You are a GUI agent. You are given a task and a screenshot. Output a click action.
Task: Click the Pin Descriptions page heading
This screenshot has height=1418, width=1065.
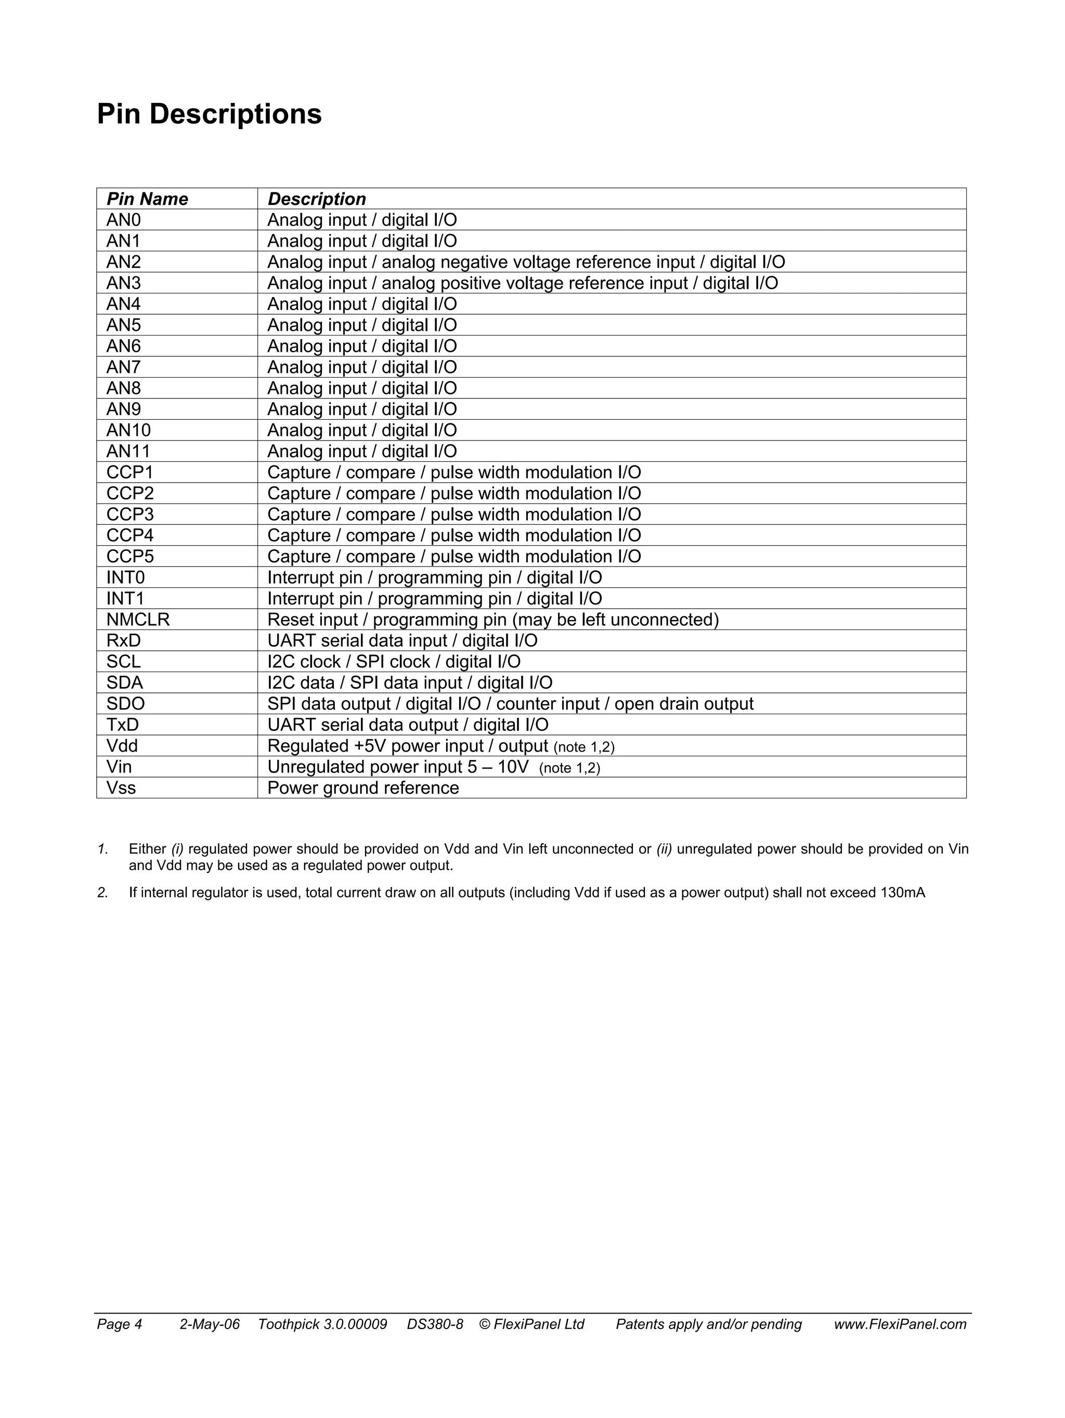tap(209, 114)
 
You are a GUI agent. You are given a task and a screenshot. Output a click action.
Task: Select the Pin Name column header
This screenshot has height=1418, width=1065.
tap(147, 199)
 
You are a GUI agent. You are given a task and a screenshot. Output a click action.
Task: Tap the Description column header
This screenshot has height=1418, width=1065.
tap(317, 199)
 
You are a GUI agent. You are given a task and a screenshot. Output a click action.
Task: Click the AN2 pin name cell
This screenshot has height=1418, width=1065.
tap(124, 262)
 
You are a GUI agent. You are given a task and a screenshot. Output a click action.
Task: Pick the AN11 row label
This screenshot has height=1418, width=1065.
tap(128, 452)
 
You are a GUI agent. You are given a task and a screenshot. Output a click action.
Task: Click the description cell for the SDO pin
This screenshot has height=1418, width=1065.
tap(510, 704)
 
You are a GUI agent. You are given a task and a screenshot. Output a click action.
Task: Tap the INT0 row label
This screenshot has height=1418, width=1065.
tap(126, 577)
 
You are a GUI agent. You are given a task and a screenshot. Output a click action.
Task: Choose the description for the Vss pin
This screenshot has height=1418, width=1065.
tap(362, 788)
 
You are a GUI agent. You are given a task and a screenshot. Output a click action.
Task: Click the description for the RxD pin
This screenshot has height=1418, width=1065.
tap(402, 640)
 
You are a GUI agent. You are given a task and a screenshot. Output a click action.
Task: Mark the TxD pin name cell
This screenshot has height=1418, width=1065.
tap(122, 725)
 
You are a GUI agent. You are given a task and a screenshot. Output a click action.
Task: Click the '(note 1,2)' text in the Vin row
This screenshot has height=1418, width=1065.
tap(569, 768)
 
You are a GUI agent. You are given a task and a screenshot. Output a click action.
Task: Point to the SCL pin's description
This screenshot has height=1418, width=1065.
tap(394, 662)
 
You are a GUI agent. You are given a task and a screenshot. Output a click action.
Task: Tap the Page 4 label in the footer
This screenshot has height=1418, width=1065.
tap(119, 1324)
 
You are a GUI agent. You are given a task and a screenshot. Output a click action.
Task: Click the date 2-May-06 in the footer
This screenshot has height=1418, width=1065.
tap(210, 1324)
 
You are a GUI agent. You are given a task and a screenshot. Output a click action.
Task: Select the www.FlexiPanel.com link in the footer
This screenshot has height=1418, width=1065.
tap(900, 1324)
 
